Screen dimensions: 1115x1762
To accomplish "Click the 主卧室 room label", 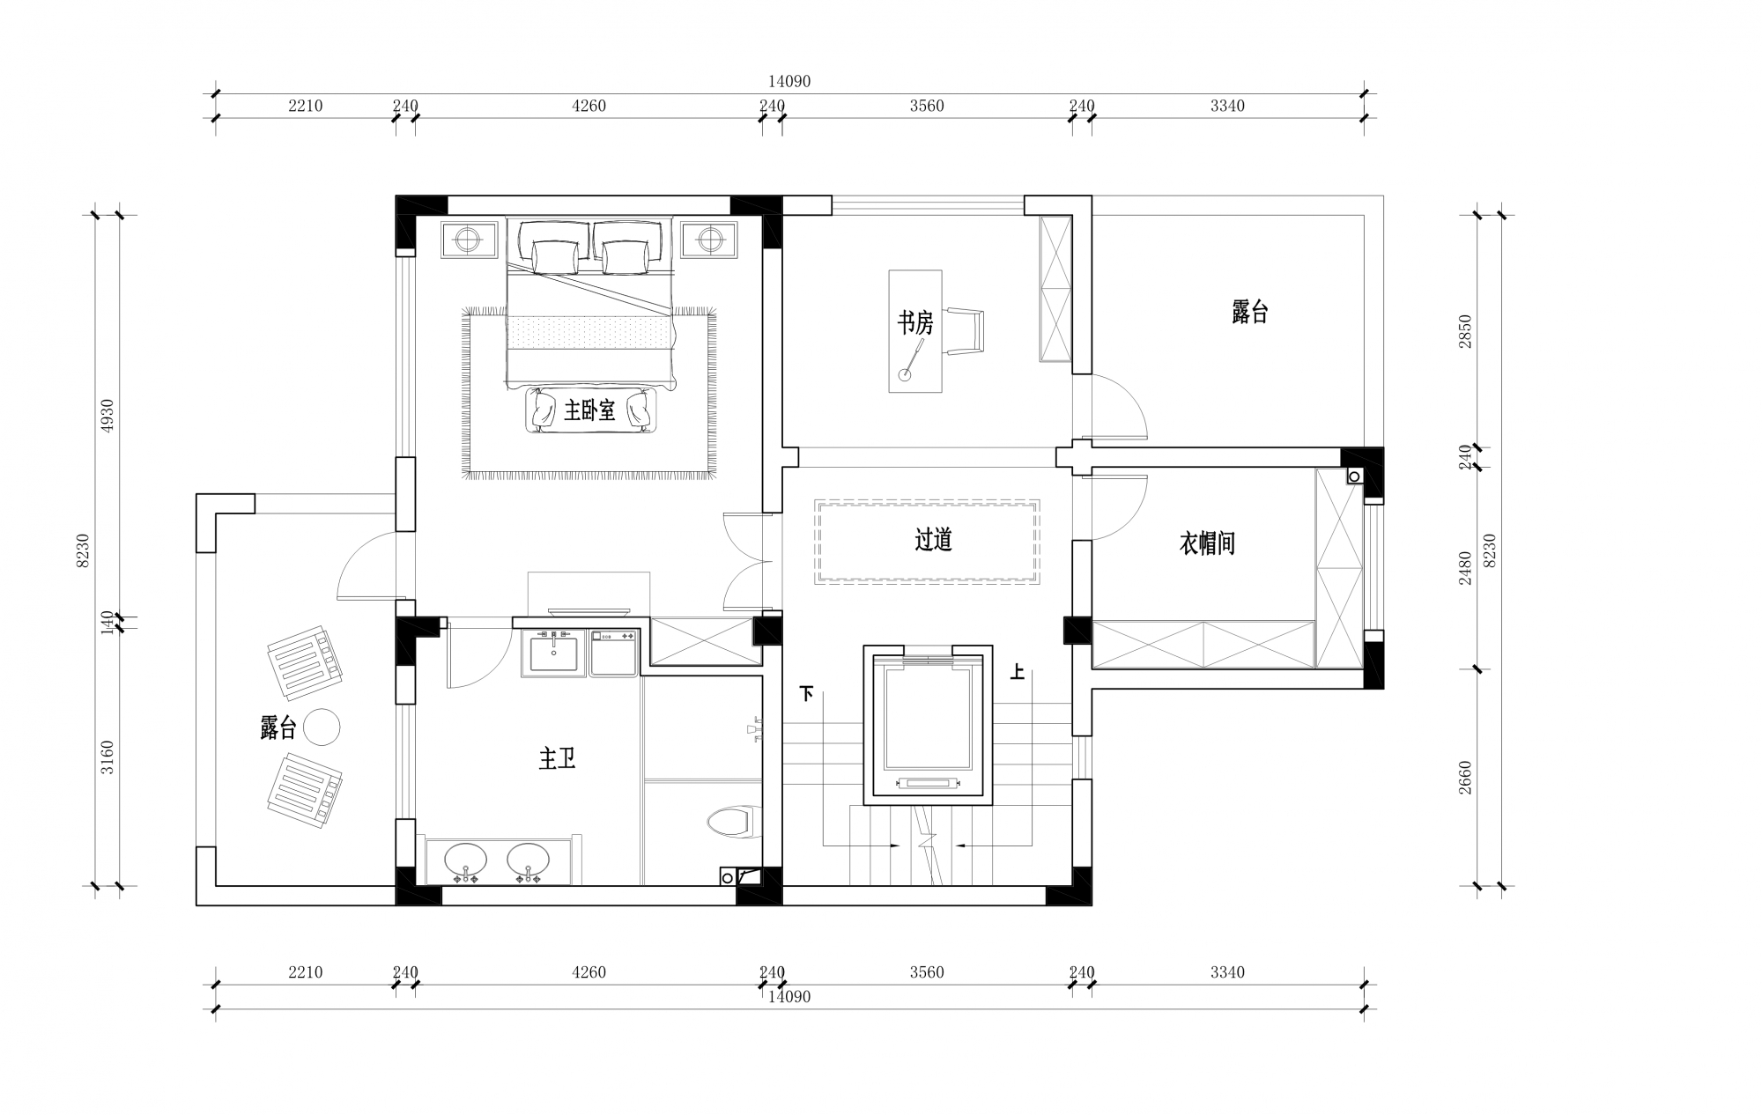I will click(589, 410).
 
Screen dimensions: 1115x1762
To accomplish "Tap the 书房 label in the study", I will click(915, 323).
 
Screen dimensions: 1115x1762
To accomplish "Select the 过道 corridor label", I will click(933, 539).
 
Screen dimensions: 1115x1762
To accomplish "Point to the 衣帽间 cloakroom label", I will click(1206, 543).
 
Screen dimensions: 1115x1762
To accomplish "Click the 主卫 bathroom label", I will click(557, 758).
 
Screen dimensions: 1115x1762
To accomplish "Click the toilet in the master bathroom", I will click(729, 823).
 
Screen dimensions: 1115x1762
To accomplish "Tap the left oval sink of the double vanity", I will click(464, 860).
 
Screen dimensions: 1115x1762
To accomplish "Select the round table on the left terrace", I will click(321, 727).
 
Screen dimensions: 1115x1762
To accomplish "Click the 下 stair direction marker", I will click(806, 694).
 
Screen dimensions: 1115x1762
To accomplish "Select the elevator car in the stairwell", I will click(928, 722).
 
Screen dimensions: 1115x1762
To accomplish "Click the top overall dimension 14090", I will click(788, 81).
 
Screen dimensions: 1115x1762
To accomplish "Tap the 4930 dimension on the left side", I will click(107, 416).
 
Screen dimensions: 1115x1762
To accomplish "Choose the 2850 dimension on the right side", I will click(1465, 332).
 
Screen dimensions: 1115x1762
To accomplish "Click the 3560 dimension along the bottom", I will click(926, 972).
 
